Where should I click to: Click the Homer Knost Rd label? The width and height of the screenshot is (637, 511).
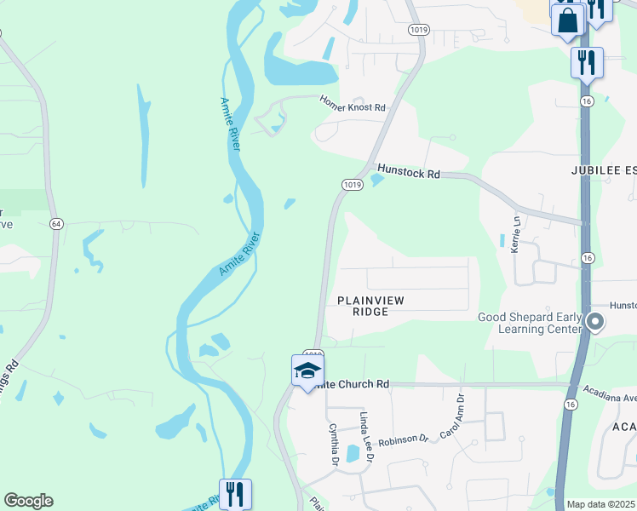tap(353, 104)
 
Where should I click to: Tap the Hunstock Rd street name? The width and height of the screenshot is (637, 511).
tap(408, 172)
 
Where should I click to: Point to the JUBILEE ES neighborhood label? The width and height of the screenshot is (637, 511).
tap(604, 170)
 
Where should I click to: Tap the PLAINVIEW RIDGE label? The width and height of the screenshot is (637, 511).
tap(370, 306)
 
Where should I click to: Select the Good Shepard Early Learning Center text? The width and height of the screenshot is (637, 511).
tap(529, 323)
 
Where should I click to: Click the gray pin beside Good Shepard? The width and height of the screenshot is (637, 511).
tap(595, 322)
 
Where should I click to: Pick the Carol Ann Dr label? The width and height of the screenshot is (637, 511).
tap(450, 416)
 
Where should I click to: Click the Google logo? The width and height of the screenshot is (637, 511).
tap(28, 501)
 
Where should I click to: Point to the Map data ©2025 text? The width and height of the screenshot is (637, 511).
tap(601, 504)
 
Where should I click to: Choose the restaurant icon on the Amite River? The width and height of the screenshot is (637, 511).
tap(234, 493)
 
